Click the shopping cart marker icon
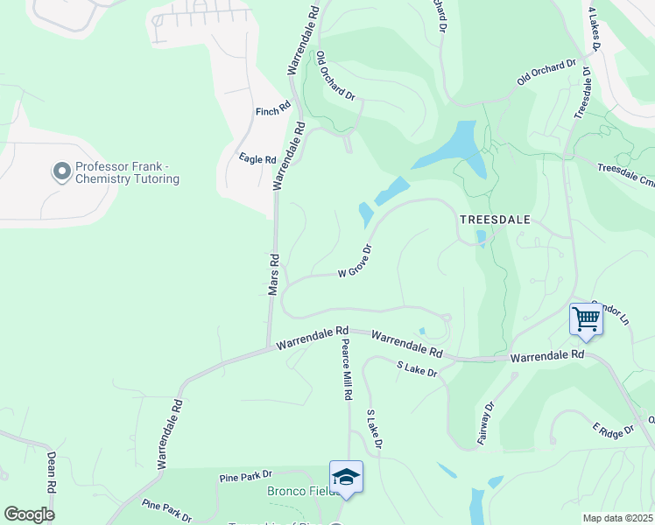585,319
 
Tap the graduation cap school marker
347,478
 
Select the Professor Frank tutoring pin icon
61,171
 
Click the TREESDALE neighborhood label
495,220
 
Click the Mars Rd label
273,274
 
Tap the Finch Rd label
272,111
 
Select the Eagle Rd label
257,159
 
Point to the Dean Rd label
51,472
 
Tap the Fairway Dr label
487,423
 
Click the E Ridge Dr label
612,431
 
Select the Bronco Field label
295,491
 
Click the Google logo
29,514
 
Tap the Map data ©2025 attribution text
617,518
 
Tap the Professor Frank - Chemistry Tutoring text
127,172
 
